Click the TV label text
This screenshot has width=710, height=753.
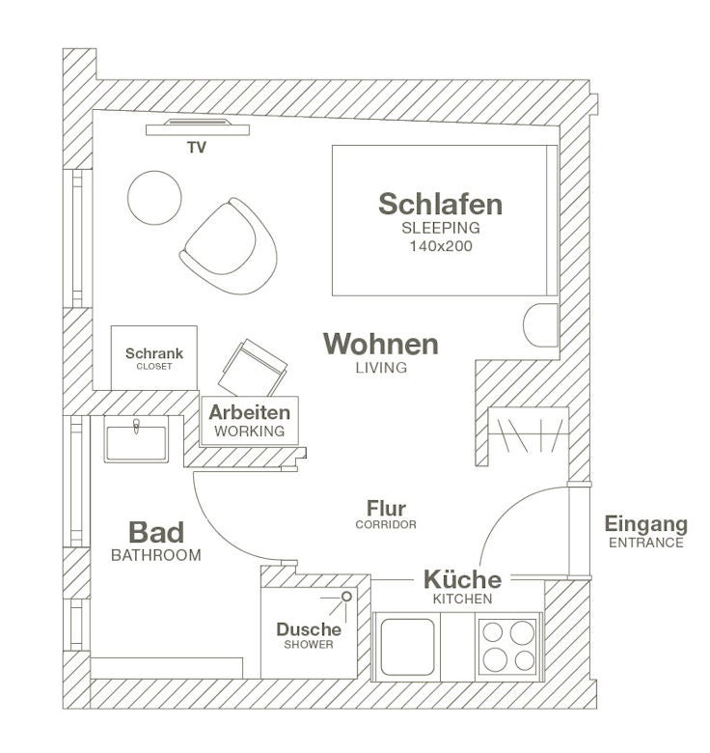[x=197, y=148]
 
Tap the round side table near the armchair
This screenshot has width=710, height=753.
[x=154, y=197]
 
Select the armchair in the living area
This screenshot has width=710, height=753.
[x=229, y=246]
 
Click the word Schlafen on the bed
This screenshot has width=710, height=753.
[x=441, y=204]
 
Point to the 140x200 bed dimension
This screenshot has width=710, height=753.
[x=441, y=246]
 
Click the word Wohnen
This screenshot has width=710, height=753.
[x=381, y=344]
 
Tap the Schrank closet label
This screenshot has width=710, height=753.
[x=154, y=353]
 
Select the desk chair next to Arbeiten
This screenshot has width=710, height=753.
[x=253, y=368]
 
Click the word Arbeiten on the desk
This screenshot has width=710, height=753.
[x=250, y=412]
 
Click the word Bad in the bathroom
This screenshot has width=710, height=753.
[x=156, y=532]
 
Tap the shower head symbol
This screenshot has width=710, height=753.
[x=346, y=597]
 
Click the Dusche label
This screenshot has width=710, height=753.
[x=309, y=629]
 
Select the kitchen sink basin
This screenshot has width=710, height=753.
[x=407, y=647]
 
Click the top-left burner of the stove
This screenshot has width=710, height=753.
[x=493, y=632]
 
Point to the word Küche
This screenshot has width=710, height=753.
[x=462, y=579]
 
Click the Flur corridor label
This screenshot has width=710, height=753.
[x=386, y=508]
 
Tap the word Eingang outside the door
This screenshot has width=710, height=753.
[x=645, y=524]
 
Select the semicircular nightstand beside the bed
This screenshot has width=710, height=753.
[x=540, y=325]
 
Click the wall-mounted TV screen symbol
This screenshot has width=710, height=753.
[x=198, y=127]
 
